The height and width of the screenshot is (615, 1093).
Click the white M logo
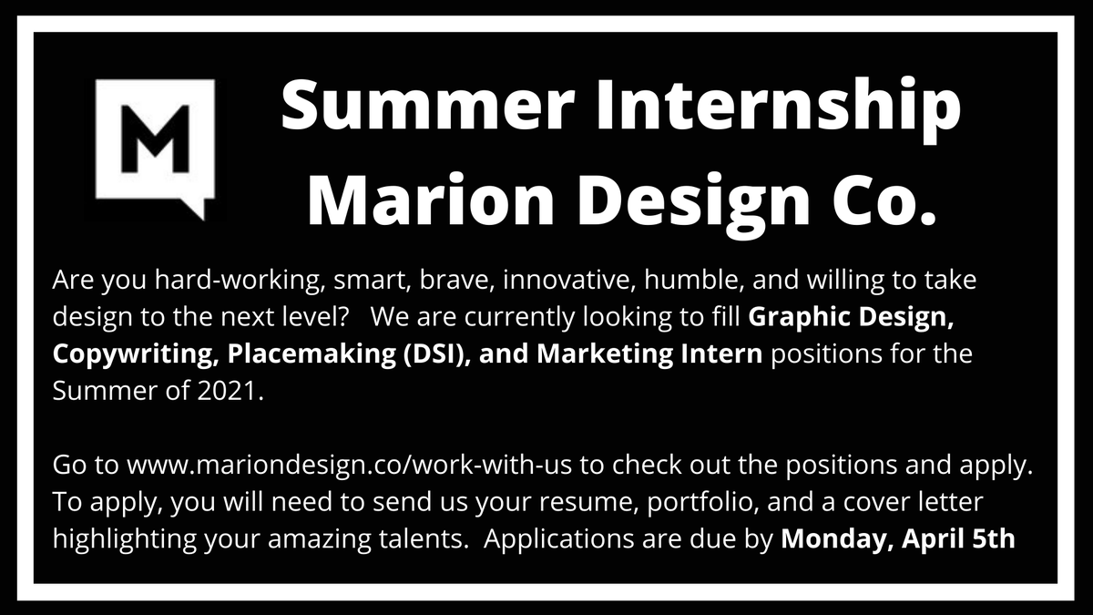[156, 146]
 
